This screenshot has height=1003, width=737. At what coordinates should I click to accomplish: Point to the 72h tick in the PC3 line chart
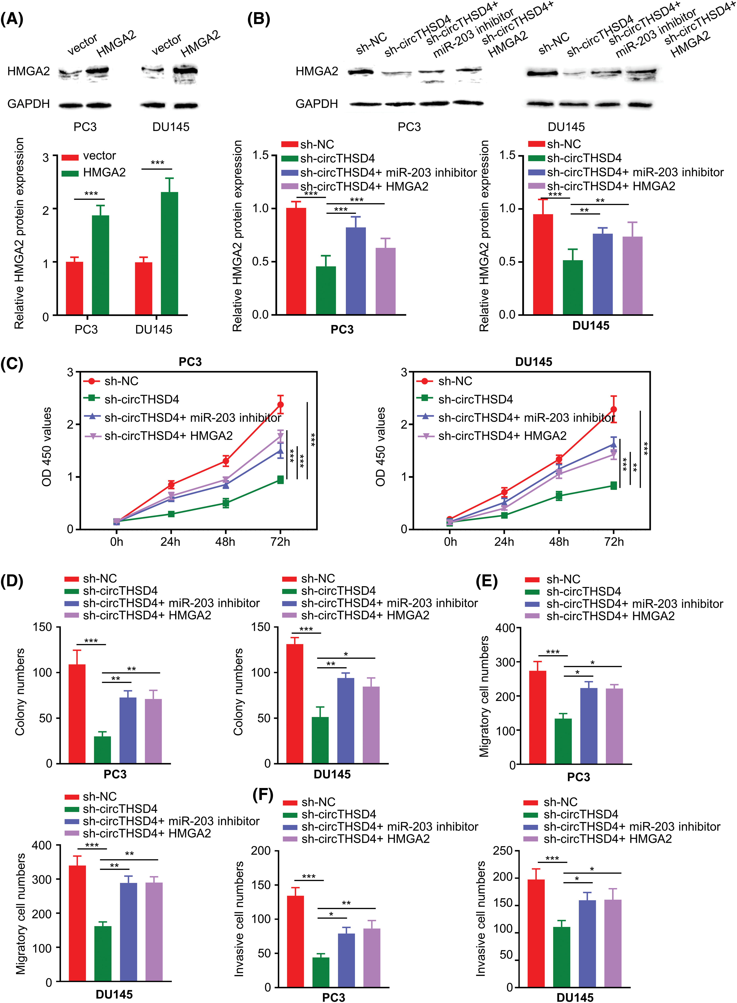tap(280, 542)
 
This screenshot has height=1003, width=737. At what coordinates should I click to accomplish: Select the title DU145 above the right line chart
tap(534, 362)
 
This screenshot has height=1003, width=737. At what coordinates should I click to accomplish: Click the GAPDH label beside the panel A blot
tap(28, 104)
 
